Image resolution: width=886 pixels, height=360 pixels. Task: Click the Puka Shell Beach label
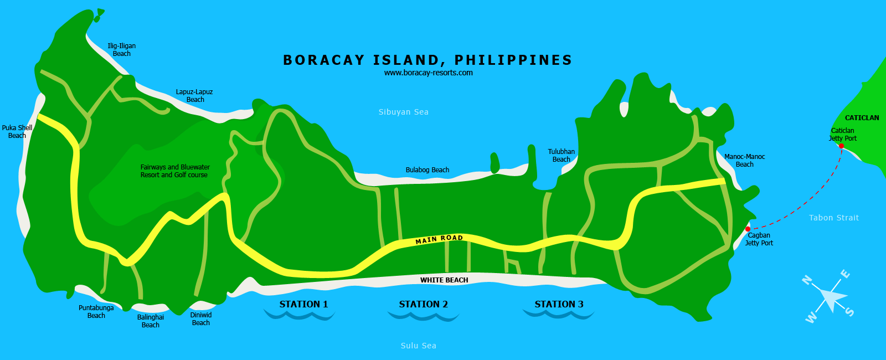click(x=17, y=132)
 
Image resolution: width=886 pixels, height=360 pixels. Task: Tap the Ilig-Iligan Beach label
click(x=122, y=50)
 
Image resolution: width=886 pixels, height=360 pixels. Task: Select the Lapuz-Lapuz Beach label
click(x=194, y=96)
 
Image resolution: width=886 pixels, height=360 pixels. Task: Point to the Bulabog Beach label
click(x=427, y=170)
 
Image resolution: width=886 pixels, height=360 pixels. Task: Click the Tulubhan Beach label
click(x=562, y=156)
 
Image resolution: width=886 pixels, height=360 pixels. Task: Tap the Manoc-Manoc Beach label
click(x=745, y=161)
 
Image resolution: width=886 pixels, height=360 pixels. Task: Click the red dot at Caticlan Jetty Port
click(x=841, y=146)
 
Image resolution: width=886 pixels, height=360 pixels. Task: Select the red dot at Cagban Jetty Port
click(x=748, y=229)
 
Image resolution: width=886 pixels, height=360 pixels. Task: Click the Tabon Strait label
click(x=834, y=218)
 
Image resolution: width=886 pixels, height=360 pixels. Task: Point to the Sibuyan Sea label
click(x=404, y=112)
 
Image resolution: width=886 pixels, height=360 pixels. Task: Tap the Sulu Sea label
click(x=419, y=346)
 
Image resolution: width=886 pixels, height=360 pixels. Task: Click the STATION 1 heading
click(x=303, y=304)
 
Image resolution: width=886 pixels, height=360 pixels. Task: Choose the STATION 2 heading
click(x=424, y=304)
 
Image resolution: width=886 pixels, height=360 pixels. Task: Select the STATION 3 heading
click(x=559, y=304)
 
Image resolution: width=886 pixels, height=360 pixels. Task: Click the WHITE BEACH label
click(x=444, y=280)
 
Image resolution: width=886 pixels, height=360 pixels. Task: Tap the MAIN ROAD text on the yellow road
click(x=439, y=239)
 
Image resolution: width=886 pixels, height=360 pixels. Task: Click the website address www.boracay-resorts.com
click(x=429, y=73)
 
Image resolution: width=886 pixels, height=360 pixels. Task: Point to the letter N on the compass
click(x=807, y=280)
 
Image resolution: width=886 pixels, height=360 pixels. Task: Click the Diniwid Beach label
click(x=201, y=319)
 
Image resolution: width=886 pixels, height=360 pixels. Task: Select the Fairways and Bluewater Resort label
click(x=175, y=171)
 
